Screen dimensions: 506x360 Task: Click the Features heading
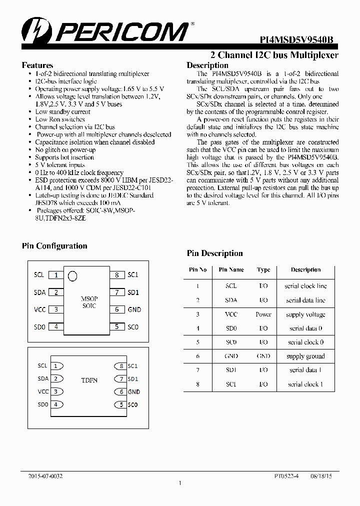37,65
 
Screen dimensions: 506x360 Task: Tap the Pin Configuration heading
54,246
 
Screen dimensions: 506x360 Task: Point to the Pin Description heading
214,253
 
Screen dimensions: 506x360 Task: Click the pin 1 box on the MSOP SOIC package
56,275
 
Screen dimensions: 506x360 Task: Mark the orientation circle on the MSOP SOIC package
72,275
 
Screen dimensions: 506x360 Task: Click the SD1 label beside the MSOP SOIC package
133,292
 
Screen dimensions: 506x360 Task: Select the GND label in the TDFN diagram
133,392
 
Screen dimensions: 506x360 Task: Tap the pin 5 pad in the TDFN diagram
119,404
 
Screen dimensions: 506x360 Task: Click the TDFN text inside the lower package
89,380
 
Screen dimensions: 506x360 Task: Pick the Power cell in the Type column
263,314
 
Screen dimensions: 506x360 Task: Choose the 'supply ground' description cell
305,356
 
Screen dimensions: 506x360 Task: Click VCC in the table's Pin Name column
231,314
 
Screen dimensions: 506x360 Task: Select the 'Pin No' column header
197,270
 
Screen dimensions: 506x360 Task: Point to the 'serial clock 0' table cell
305,342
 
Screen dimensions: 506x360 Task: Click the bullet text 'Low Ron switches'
60,119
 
